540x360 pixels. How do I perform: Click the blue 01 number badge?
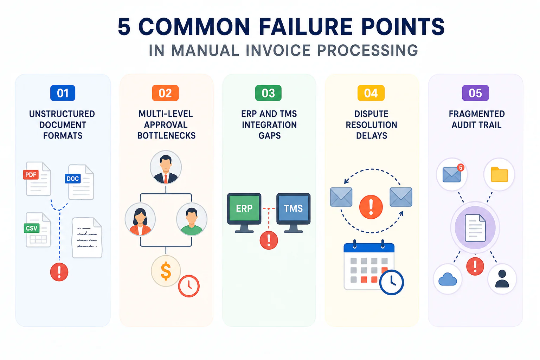[63, 93]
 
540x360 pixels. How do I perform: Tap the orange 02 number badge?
[165, 93]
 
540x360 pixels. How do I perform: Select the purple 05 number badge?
[475, 93]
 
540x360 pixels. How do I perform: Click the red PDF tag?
[31, 175]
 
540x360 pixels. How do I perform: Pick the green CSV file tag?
[32, 228]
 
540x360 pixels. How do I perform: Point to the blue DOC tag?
[73, 179]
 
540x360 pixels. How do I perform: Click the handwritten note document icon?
[87, 238]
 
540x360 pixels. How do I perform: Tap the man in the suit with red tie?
[166, 167]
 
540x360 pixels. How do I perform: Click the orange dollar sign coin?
[166, 271]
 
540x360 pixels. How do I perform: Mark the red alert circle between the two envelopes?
[371, 207]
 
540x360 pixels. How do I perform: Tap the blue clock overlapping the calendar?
[392, 282]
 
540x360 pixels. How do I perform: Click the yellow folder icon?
[500, 174]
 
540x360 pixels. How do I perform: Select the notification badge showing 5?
[461, 167]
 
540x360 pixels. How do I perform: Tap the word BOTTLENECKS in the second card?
[166, 136]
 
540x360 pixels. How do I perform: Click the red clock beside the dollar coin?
[189, 286]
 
